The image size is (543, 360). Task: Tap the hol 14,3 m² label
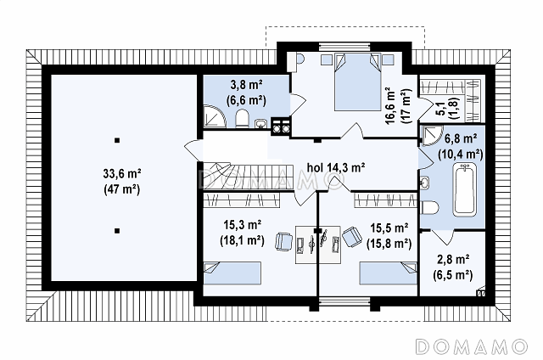[x=336, y=168]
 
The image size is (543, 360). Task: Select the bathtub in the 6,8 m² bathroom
[x=465, y=190]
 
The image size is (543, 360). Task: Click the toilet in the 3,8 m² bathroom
[x=242, y=119]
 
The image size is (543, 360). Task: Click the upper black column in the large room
[x=117, y=140]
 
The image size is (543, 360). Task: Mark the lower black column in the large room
[x=117, y=231]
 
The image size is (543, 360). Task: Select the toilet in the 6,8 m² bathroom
[x=429, y=207]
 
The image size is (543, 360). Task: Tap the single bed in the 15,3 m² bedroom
[x=232, y=273]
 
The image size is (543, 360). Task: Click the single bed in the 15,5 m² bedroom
[x=388, y=273]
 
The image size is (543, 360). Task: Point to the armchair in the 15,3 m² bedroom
[x=283, y=241]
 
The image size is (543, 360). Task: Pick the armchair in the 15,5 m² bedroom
[x=352, y=237]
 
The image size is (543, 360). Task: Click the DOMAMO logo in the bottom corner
[x=472, y=346]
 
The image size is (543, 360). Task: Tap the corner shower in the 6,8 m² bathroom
[x=432, y=136]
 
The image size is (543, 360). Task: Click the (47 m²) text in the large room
[x=122, y=189]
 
